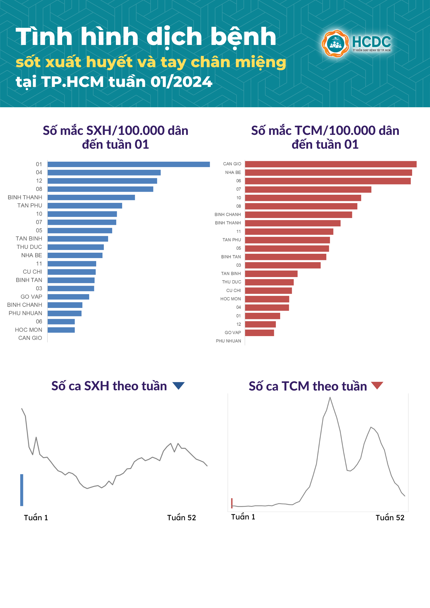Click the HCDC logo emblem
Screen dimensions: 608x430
pos(335,44)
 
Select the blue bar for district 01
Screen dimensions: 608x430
pos(129,164)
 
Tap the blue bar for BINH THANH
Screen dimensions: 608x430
pos(91,197)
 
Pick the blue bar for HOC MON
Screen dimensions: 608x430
pos(61,330)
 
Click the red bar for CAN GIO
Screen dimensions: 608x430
pos(331,164)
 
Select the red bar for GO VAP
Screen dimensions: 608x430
pos(260,333)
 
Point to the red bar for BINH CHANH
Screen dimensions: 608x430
pos(299,215)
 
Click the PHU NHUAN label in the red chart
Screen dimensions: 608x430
pos(228,341)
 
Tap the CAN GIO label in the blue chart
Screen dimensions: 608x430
pos(30,338)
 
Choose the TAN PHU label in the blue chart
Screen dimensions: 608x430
pos(30,206)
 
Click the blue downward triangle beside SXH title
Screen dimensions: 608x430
pos(179,385)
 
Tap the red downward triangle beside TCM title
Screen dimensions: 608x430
pos(377,385)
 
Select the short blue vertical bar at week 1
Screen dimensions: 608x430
pos(22,490)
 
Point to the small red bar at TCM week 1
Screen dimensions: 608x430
pos(232,503)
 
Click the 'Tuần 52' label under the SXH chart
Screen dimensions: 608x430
pos(181,518)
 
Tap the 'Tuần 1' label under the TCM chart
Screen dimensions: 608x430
pos(243,517)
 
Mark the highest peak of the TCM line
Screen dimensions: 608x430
pos(330,398)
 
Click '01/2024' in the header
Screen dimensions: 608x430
pos(181,82)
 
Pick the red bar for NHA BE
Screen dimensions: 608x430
pos(328,173)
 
